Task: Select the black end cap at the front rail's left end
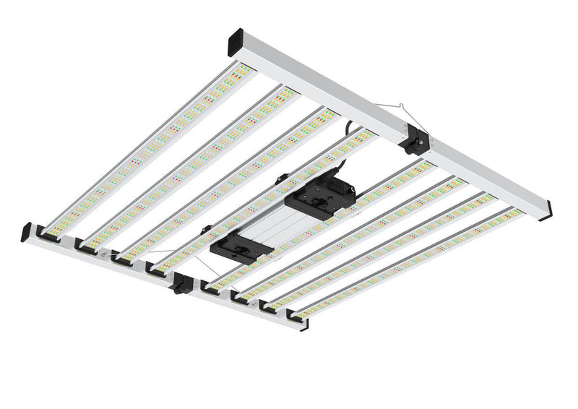[x=27, y=233]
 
